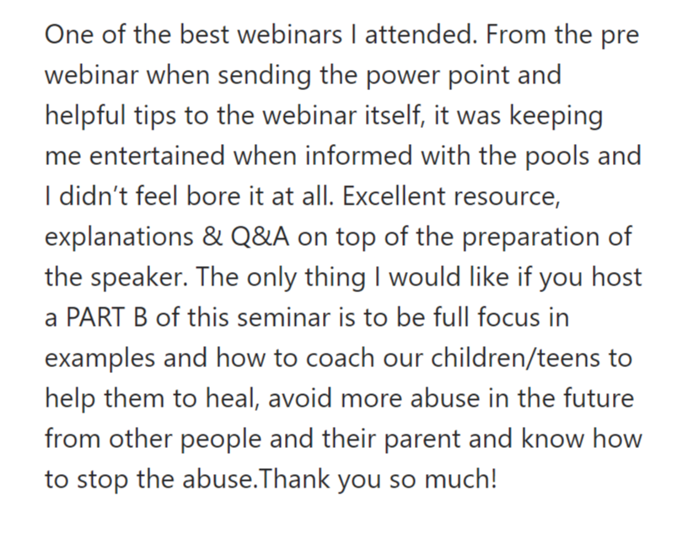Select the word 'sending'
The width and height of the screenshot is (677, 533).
[264, 75]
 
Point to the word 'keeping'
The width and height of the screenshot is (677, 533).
[556, 115]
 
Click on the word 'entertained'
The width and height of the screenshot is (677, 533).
[157, 156]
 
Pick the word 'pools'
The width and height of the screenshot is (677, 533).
[557, 156]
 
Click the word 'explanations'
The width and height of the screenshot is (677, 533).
[119, 237]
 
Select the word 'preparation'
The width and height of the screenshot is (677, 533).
[531, 237]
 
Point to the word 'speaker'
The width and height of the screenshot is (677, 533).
[139, 277]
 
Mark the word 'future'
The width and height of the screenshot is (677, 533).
[599, 398]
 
